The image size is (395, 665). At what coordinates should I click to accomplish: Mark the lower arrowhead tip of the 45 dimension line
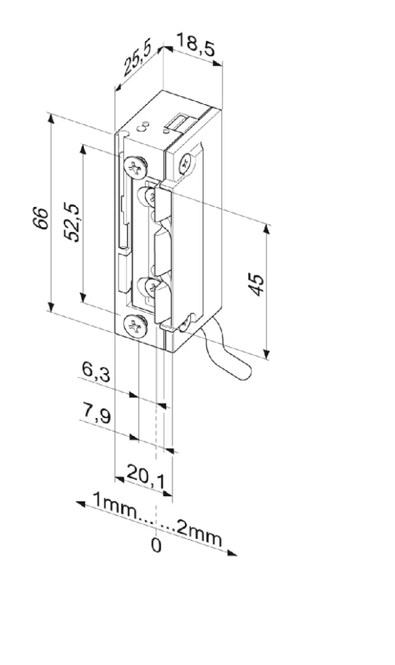click(x=266, y=359)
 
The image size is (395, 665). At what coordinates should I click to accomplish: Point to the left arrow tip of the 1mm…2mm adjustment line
click(x=76, y=503)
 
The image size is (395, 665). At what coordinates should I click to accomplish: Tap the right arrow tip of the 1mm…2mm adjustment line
click(x=236, y=554)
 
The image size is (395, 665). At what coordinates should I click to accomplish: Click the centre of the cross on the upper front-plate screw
click(x=136, y=167)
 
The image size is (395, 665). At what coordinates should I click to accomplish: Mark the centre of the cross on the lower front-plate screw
click(x=136, y=326)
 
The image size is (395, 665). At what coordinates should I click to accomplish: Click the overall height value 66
click(x=41, y=218)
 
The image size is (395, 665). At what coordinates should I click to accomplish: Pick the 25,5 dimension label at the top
click(x=137, y=59)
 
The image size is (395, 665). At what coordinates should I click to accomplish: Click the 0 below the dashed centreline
click(x=157, y=546)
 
